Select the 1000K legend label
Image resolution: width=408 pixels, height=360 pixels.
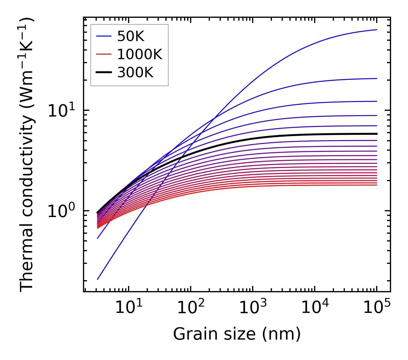140,54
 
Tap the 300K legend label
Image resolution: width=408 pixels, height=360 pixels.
135,73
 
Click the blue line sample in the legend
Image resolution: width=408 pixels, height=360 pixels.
103,36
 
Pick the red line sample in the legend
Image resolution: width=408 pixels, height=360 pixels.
103,54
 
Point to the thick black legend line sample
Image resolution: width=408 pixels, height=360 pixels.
103,73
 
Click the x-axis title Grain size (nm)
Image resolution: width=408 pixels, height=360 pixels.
237,334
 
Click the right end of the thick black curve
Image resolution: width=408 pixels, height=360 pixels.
376,134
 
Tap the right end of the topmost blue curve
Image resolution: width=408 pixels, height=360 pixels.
376,30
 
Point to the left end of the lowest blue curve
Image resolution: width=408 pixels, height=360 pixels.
98,279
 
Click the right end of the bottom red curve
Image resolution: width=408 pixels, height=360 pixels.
376,185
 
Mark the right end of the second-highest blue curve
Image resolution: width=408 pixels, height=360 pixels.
376,78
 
